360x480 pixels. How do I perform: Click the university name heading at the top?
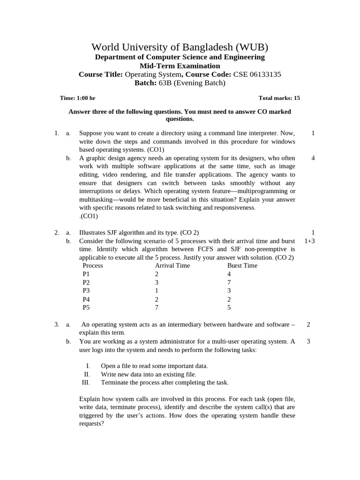point(180,47)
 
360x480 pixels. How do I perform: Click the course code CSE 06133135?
point(257,75)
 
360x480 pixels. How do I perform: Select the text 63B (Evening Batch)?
point(193,83)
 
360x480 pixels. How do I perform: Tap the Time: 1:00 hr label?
point(77,98)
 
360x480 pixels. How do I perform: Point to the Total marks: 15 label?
point(279,98)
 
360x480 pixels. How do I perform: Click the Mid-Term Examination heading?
point(180,66)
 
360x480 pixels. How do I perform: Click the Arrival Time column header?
point(172,265)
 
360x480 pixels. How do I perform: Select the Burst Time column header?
point(242,265)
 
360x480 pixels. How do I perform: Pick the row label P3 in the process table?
point(86,291)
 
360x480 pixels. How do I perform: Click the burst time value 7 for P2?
point(229,282)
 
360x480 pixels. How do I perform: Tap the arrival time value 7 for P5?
point(157,307)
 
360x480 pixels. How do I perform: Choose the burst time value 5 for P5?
point(229,307)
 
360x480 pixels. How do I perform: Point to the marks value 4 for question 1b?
point(313,158)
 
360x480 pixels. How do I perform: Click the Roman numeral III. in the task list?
point(85,382)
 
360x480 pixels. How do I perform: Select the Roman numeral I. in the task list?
point(88,366)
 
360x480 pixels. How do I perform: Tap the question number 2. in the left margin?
point(56,232)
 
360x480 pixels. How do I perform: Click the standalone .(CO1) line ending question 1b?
point(89,216)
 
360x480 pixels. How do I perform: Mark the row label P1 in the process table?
point(86,274)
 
